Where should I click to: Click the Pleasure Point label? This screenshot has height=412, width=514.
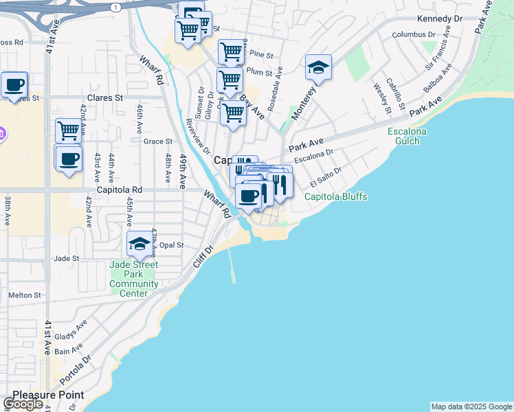[48, 395]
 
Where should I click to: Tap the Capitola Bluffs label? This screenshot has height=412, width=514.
[336, 197]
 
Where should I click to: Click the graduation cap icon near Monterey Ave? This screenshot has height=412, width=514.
[318, 67]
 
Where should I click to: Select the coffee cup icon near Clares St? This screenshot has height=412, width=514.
[14, 85]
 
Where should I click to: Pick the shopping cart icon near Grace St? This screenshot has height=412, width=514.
[68, 130]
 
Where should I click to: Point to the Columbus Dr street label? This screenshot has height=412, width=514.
[414, 34]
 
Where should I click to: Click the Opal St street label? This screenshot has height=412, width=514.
[172, 245]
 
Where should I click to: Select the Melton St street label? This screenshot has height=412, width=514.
[24, 295]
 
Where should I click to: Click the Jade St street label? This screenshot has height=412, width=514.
[67, 259]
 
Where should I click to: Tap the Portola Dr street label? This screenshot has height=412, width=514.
[75, 370]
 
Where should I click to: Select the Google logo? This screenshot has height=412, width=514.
[23, 404]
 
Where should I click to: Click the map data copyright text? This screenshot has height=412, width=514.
[471, 407]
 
